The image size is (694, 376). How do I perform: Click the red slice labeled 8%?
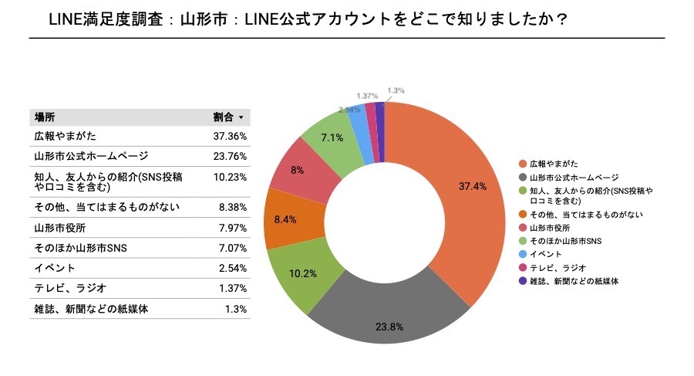pos(298,169)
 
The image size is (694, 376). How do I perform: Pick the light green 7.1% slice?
pos(332,137)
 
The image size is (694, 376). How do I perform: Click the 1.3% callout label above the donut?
pos(396,90)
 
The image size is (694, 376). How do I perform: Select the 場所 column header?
pos(44,117)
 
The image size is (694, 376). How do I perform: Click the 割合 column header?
pos(223,117)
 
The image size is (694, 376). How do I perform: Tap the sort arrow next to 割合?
pos(241,118)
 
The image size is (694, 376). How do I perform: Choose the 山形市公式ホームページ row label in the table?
pos(86,156)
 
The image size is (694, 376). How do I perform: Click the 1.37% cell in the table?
pos(231,288)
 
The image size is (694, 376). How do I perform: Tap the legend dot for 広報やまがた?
pos(523,164)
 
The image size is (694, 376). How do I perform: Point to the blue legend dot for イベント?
pos(523,253)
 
